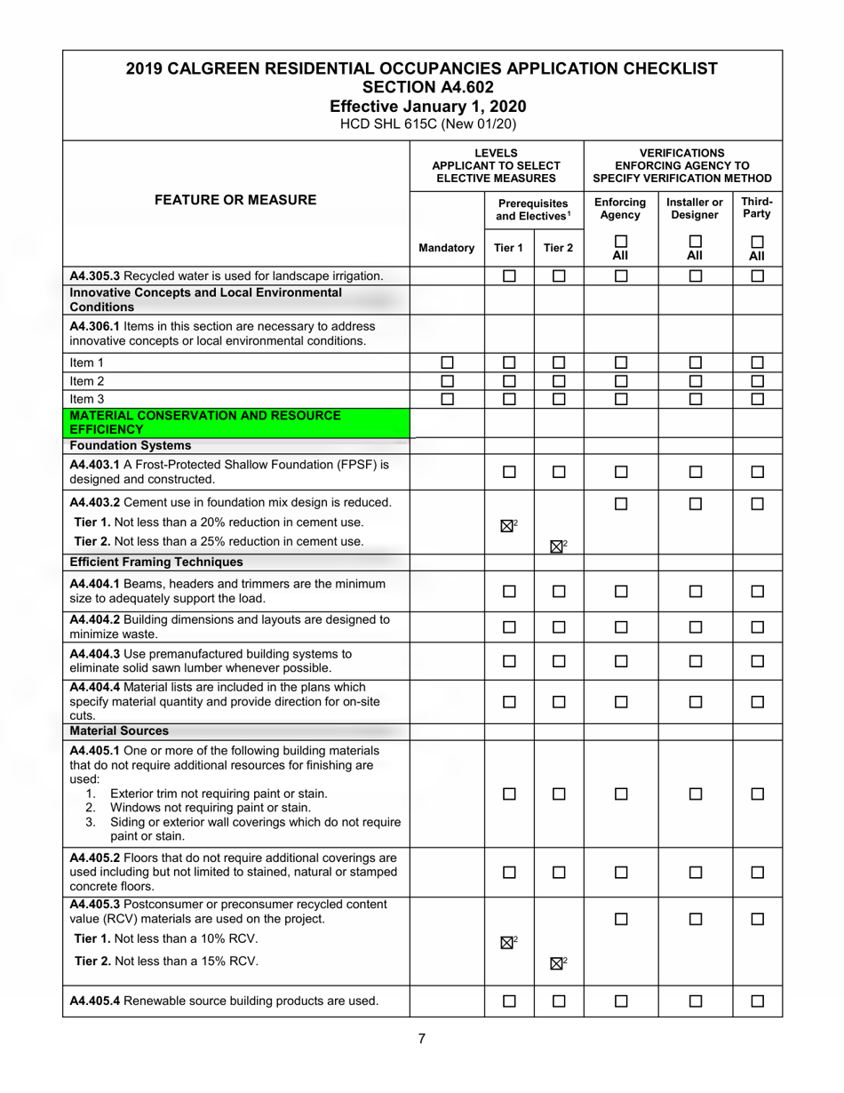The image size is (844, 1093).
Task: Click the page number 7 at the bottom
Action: click(x=422, y=1039)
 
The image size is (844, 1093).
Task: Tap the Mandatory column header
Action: click(x=446, y=248)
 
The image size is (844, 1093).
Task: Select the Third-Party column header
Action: click(x=757, y=208)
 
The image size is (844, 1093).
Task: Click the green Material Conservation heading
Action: click(x=205, y=422)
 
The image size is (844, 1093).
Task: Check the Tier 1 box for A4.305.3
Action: click(x=509, y=276)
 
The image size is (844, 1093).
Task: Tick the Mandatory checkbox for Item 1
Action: click(x=447, y=363)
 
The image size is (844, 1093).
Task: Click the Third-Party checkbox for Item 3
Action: click(x=757, y=399)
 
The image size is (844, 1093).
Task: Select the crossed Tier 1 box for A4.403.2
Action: click(x=507, y=526)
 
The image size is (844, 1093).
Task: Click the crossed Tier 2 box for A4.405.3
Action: click(x=556, y=963)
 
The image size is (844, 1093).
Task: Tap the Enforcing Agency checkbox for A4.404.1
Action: click(x=621, y=591)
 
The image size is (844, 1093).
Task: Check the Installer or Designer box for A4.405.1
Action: click(x=696, y=794)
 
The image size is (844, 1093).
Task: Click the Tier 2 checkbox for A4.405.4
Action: click(x=559, y=1001)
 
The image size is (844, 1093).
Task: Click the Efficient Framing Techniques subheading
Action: click(x=156, y=562)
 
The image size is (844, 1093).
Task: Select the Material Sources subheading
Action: click(x=119, y=730)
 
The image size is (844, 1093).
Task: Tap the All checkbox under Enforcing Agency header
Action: click(x=621, y=242)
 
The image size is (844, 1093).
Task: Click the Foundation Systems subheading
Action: click(x=131, y=445)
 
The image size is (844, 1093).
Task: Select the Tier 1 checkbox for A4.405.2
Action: click(x=509, y=873)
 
